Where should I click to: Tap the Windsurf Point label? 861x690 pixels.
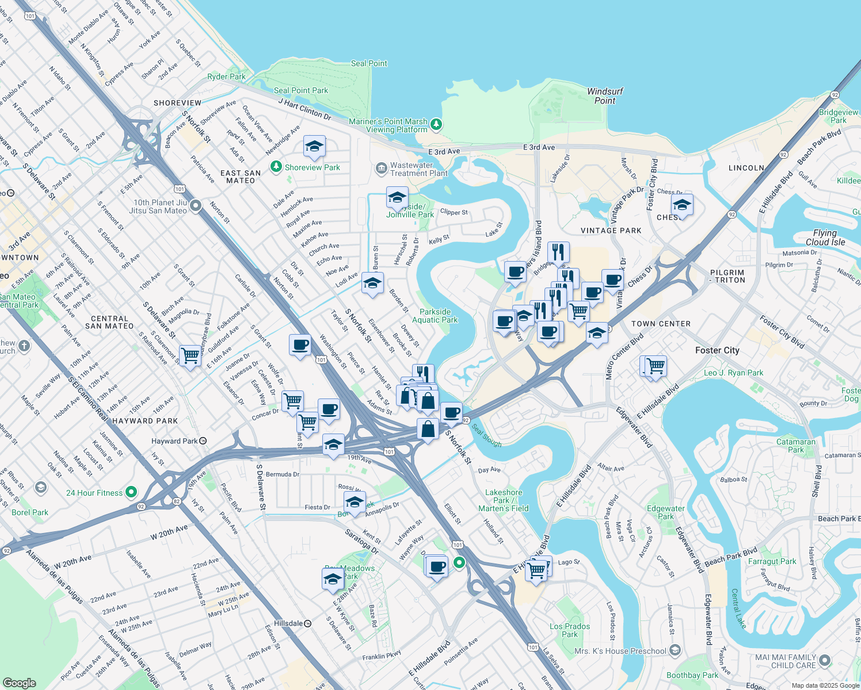click(605, 96)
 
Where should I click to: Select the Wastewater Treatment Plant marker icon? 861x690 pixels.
click(381, 168)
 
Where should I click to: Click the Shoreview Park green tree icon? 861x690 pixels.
click(276, 167)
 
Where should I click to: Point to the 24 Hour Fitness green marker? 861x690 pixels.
click(131, 492)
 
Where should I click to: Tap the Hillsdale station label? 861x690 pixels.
click(292, 623)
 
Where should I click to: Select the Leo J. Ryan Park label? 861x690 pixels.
click(733, 373)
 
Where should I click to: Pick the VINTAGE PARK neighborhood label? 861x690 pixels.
click(611, 231)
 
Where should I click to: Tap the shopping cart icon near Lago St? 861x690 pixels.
click(536, 570)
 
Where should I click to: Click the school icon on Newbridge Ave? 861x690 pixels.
click(314, 147)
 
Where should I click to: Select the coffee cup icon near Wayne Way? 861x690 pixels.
click(437, 566)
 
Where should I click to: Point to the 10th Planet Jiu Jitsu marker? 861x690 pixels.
click(196, 206)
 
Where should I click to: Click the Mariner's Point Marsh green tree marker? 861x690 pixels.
click(436, 124)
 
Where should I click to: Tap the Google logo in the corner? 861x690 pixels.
click(19, 683)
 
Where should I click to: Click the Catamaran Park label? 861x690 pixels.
click(796, 446)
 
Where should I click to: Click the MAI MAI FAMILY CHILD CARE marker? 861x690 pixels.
click(825, 661)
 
